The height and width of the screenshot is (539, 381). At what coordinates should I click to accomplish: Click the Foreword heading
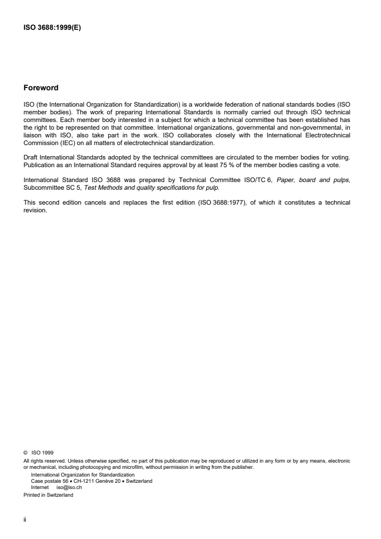41,88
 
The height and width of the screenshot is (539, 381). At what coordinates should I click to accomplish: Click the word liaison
32,123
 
